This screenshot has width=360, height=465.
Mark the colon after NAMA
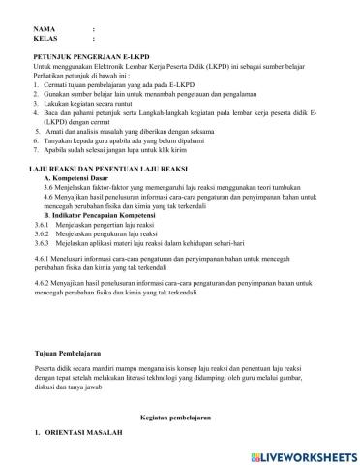click(x=93, y=29)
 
